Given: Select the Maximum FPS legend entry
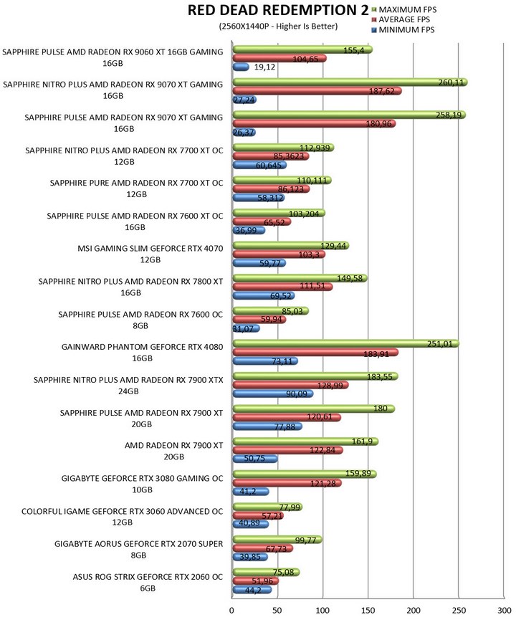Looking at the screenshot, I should [x=403, y=9].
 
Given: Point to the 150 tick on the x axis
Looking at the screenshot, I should [x=368, y=610].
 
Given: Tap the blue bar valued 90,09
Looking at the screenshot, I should [x=272, y=393].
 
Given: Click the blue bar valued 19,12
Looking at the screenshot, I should [x=240, y=67].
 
